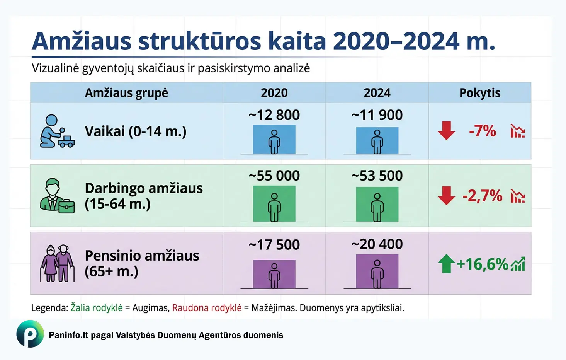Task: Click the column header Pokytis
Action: coord(479,93)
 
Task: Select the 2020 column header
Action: coord(274,93)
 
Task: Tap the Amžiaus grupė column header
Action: coord(126,93)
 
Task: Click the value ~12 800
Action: coord(274,115)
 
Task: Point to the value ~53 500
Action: coord(377,176)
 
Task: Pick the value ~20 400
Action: coord(377,244)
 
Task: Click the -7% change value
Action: coord(482,131)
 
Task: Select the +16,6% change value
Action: coord(482,264)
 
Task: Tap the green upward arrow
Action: coord(446,264)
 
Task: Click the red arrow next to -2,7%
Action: coord(446,196)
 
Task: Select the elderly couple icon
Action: coord(57,263)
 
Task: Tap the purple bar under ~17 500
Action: coord(274,274)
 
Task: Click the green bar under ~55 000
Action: coord(274,204)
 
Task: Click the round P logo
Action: coord(30,334)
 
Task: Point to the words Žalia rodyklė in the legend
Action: coord(97,308)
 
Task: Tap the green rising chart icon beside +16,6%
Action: coord(518,264)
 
